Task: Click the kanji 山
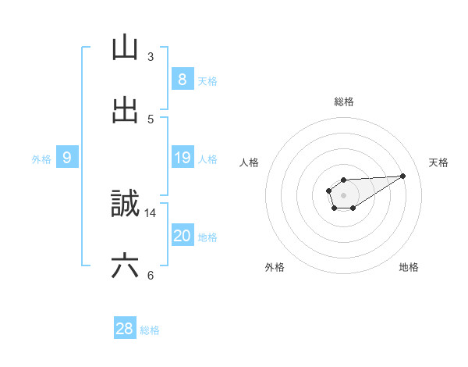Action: click(125, 48)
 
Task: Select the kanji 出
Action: click(125, 110)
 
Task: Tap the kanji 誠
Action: click(125, 204)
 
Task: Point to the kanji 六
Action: click(125, 266)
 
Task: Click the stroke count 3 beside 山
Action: click(150, 56)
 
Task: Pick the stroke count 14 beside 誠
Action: click(151, 212)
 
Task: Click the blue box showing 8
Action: click(182, 80)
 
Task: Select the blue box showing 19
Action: click(182, 158)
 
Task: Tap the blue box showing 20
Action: click(182, 236)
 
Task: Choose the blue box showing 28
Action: click(125, 329)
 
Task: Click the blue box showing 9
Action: click(67, 158)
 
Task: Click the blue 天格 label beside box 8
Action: click(207, 80)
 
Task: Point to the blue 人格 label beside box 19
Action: click(207, 159)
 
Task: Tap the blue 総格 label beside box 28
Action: click(150, 330)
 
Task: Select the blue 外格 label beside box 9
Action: click(41, 159)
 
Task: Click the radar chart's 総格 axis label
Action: click(344, 102)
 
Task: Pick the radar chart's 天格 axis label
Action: click(439, 162)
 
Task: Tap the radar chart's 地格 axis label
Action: click(409, 267)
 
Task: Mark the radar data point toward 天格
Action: click(403, 175)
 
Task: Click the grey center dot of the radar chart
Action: click(343, 194)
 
